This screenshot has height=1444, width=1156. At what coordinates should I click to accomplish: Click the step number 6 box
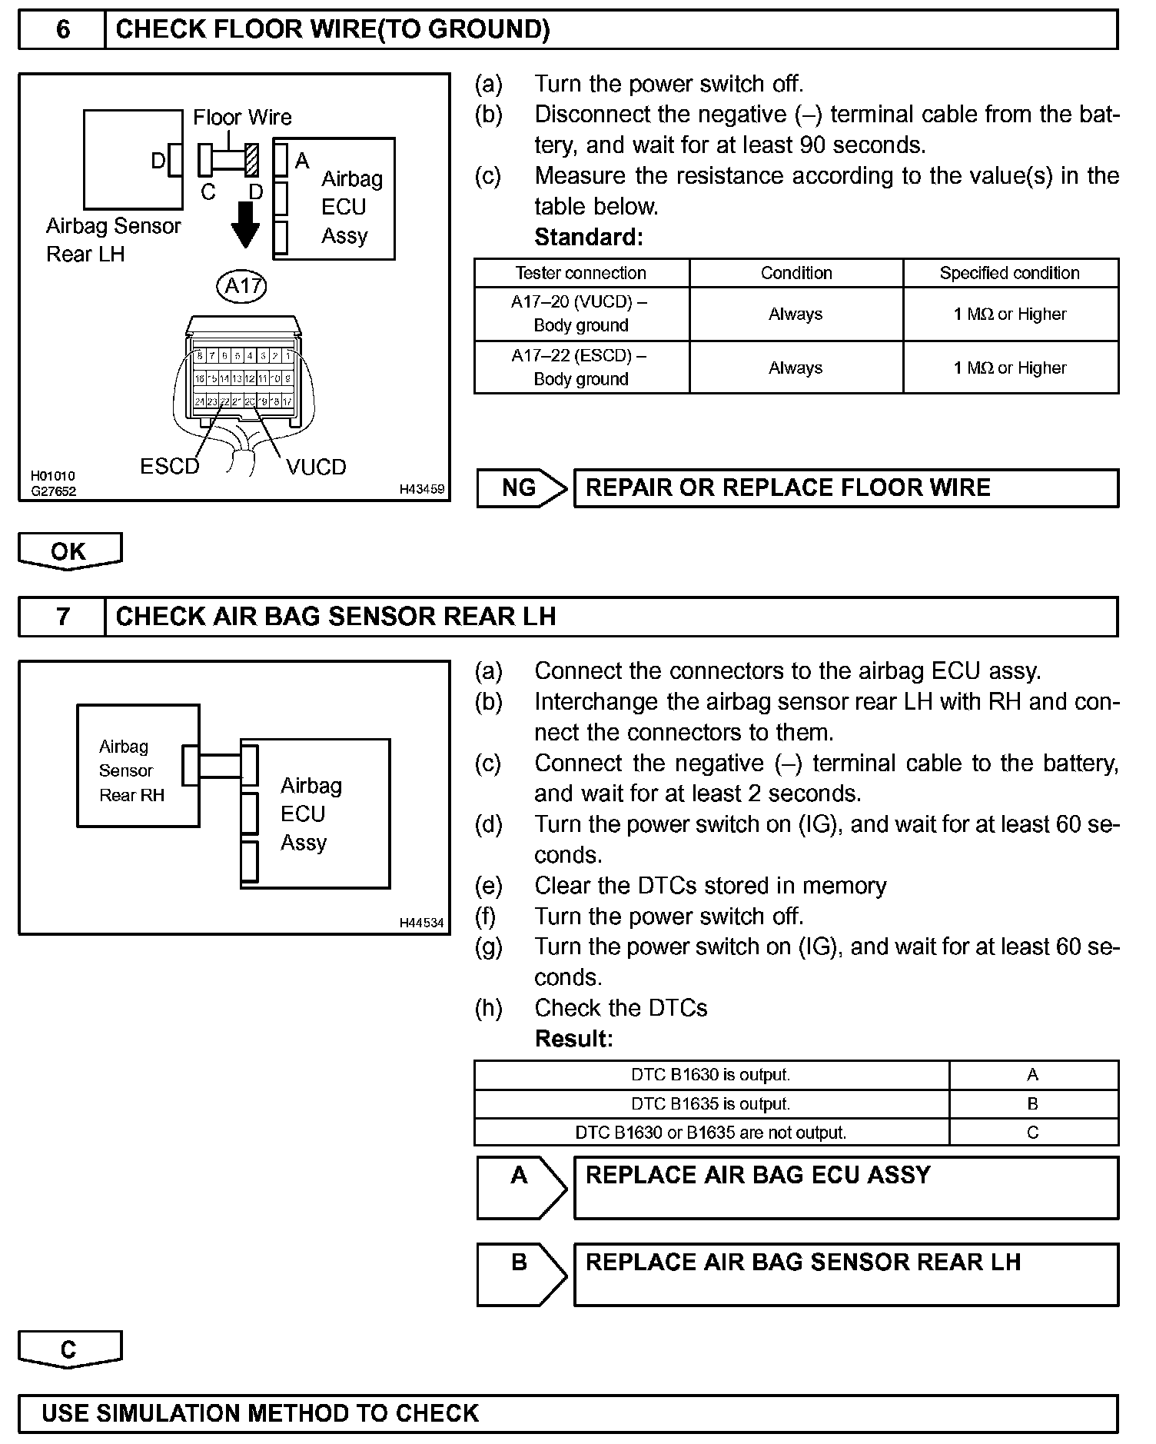click(x=62, y=30)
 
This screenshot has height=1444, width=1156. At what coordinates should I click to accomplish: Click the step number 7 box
click(x=62, y=617)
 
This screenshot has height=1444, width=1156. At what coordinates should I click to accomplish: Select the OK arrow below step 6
click(x=69, y=551)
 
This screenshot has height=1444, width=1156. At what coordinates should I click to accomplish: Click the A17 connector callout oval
click(x=242, y=286)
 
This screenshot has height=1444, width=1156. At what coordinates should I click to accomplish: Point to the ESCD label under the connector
click(x=169, y=467)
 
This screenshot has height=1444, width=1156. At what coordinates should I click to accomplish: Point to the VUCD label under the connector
click(x=316, y=467)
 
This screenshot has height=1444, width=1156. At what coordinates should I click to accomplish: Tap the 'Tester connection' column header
click(x=581, y=273)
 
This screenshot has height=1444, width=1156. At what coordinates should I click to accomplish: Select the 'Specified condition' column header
click(x=1010, y=273)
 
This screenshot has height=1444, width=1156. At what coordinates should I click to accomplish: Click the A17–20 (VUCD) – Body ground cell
click(x=581, y=314)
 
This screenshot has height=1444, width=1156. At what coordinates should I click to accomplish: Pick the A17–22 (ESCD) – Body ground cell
click(x=581, y=368)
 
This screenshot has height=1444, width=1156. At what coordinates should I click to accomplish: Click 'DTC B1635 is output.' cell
click(x=711, y=1104)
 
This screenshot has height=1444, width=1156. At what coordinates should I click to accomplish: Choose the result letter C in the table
click(x=1032, y=1133)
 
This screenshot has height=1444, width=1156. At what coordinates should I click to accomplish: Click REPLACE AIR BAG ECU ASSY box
click(x=845, y=1187)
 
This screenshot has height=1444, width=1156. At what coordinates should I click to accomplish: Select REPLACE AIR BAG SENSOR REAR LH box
click(x=845, y=1274)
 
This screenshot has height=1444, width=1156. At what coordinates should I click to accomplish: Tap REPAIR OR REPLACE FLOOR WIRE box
click(x=845, y=488)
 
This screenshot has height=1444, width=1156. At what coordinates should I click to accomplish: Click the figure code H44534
click(x=421, y=922)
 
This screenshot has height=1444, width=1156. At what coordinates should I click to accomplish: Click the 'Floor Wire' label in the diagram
click(x=242, y=118)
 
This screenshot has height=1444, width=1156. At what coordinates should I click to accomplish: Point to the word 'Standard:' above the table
click(x=589, y=237)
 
